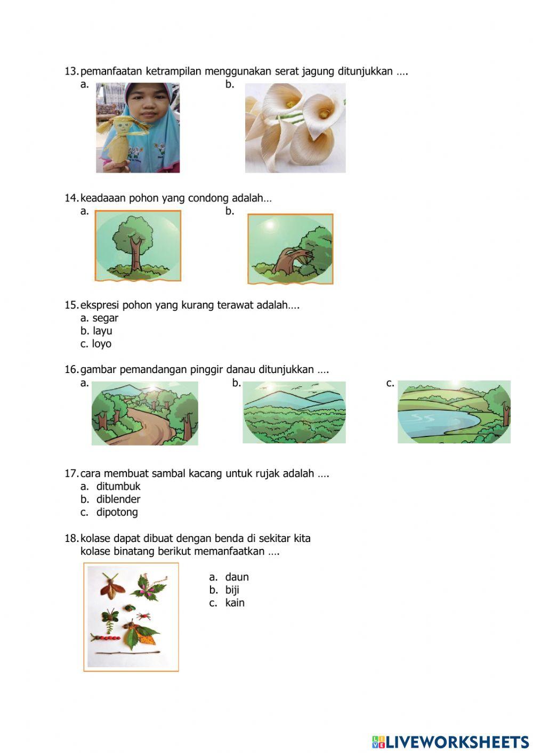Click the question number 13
point(71,71)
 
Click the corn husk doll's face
point(122,127)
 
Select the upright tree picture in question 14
point(138,246)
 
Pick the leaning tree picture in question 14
point(290,249)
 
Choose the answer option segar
point(105,318)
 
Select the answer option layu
point(102,331)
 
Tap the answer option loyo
point(102,344)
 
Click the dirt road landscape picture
point(145,413)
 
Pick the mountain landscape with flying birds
point(294,412)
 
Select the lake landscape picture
point(454,412)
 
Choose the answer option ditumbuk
point(118,487)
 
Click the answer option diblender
point(118,499)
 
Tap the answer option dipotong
point(117,513)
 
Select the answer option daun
point(237,577)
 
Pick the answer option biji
point(232,590)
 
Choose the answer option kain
point(235,603)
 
